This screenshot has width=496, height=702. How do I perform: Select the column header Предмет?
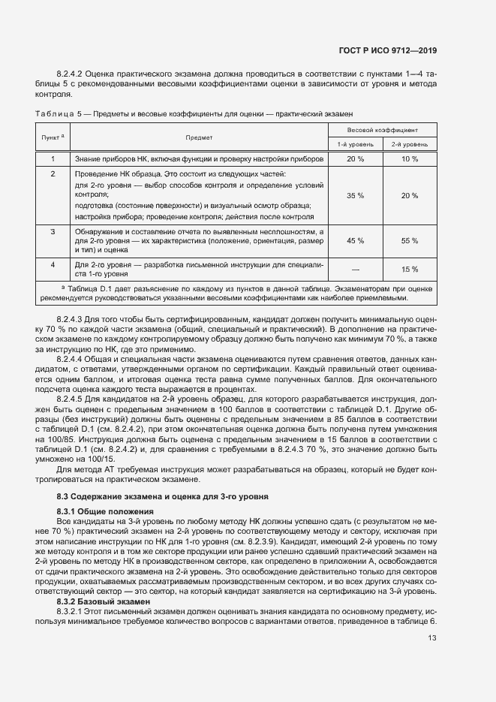pos(199,137)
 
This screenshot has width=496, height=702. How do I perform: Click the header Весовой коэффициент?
pos(383,130)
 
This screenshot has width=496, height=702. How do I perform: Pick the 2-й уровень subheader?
pos(410,143)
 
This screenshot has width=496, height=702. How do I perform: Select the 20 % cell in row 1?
pos(355,159)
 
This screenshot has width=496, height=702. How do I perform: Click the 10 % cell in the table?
pos(410,159)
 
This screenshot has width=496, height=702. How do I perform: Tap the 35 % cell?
pos(355,195)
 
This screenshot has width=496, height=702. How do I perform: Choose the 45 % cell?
pos(355,240)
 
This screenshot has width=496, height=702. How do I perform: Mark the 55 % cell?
pos(410,240)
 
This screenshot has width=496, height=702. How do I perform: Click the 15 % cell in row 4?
pos(410,269)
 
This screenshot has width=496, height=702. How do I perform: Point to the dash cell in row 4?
pos(355,269)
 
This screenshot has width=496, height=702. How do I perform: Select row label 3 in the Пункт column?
pos(53,232)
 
